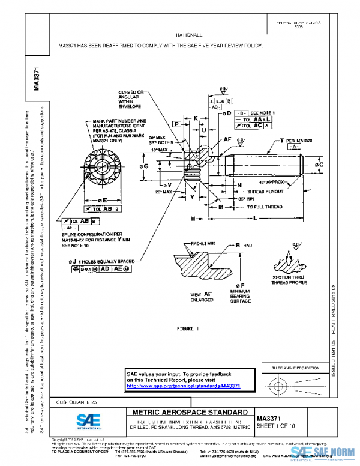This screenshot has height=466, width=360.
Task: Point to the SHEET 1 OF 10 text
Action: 275,425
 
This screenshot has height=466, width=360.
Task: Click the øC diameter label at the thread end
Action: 319,164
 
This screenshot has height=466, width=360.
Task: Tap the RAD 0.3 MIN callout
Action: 202,244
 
